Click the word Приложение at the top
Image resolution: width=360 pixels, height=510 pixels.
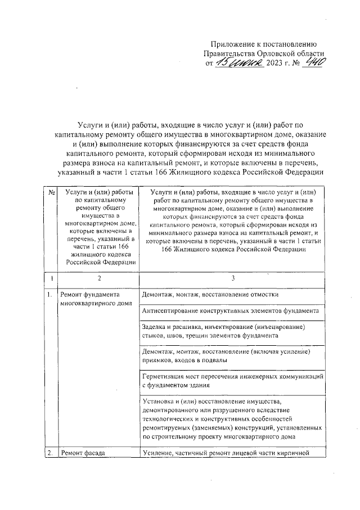coord(234,44)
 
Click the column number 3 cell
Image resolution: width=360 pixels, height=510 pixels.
coord(232,279)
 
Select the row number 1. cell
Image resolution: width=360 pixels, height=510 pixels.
coord(50,294)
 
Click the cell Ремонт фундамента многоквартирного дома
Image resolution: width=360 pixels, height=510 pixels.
coord(96,299)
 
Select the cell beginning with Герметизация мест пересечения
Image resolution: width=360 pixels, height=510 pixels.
coord(231,381)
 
